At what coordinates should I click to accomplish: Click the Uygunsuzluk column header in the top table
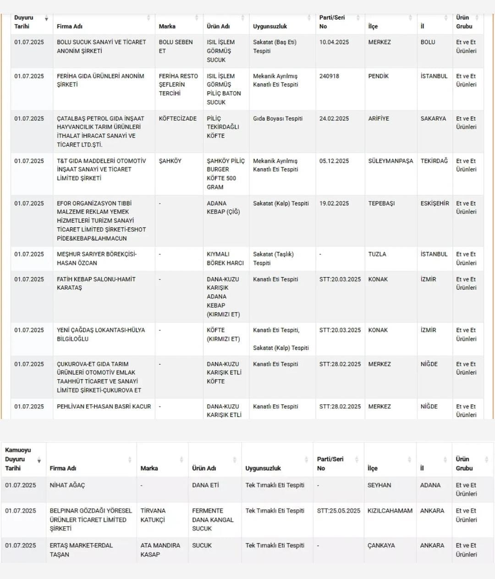[x=270, y=26]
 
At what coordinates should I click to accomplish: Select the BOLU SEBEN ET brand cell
[x=176, y=46]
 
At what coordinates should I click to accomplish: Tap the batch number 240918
[x=329, y=76]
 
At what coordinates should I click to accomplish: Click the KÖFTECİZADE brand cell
[x=177, y=118]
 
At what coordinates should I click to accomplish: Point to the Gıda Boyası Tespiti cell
[x=278, y=118]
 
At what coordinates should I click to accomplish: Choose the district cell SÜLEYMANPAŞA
[x=390, y=161]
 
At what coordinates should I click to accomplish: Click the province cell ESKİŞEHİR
[x=434, y=203]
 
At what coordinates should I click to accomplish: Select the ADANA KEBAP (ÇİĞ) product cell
[x=223, y=207]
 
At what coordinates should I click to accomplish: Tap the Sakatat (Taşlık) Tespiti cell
[x=273, y=259]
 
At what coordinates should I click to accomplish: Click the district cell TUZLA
[x=377, y=254]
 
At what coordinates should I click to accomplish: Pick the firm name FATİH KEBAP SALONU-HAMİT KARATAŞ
[x=96, y=283]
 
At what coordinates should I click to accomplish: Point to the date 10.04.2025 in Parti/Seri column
[x=334, y=42]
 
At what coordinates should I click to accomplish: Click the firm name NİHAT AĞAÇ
[x=67, y=485]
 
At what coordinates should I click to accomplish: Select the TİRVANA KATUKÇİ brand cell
[x=153, y=515]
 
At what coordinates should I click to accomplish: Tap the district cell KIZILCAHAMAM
[x=390, y=511]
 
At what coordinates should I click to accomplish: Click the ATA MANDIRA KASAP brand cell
[x=160, y=550]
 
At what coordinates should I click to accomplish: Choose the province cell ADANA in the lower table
[x=430, y=485]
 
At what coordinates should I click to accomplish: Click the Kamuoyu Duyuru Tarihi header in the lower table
[x=18, y=459]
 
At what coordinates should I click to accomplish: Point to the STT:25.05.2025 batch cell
[x=338, y=511]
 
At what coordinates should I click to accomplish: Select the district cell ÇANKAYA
[x=381, y=546]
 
